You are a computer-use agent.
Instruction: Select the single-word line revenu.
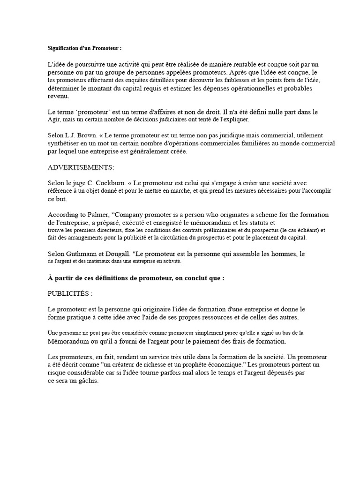(58, 96)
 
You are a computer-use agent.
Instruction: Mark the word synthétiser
(65, 143)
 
